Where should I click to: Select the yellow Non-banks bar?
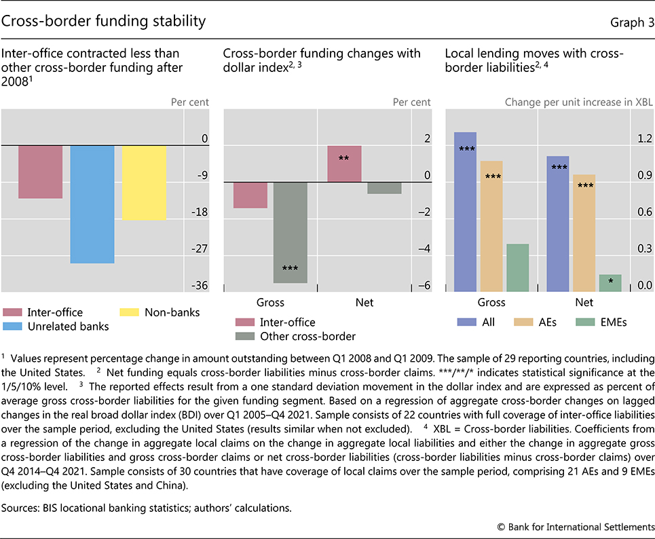[144, 183]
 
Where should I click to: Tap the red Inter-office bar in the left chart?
[41, 172]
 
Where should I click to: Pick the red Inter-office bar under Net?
[344, 164]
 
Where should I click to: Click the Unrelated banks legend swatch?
[13, 327]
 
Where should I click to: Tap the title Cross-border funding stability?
[104, 21]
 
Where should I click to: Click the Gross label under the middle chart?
[270, 302]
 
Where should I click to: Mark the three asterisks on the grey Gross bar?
[290, 269]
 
